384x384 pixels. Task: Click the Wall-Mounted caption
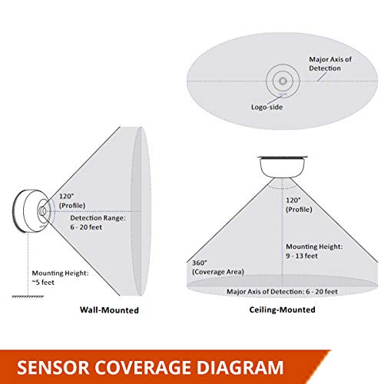[x=109, y=310]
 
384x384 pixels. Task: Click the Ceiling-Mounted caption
[x=282, y=310]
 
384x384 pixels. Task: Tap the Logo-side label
[x=266, y=107]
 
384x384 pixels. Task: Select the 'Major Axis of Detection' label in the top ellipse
[x=330, y=64]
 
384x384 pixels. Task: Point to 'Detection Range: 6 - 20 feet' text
[x=98, y=223]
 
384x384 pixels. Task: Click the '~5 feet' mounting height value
[x=43, y=283]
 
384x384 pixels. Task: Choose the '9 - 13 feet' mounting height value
[x=302, y=256]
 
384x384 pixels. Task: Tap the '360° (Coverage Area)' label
[x=218, y=267]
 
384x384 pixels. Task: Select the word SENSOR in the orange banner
[x=53, y=367]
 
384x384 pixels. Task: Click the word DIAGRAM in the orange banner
[x=240, y=367]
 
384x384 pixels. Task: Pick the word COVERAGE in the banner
[x=143, y=367]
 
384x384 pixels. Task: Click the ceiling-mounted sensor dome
[x=282, y=167]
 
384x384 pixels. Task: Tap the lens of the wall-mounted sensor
[x=42, y=211]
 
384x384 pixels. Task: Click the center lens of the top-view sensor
[x=283, y=81]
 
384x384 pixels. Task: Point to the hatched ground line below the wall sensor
[x=28, y=296]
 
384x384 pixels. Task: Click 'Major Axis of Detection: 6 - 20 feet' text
[x=282, y=292]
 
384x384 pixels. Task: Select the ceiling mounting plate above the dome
[x=283, y=157]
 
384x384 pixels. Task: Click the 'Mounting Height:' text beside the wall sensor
[x=60, y=273]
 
